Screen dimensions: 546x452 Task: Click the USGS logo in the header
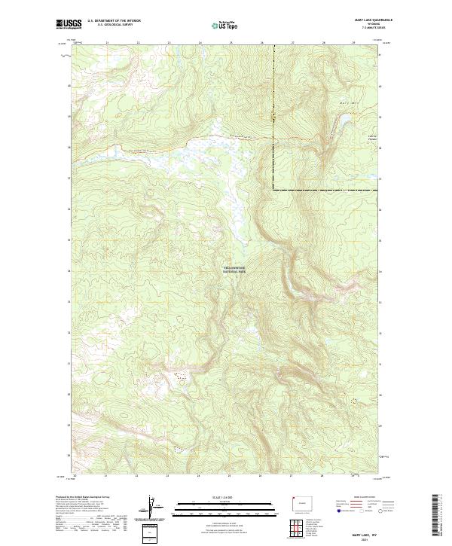pos(69,24)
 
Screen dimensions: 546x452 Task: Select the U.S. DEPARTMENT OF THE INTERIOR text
pos(115,20)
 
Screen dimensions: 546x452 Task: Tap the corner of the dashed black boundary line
pos(273,188)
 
